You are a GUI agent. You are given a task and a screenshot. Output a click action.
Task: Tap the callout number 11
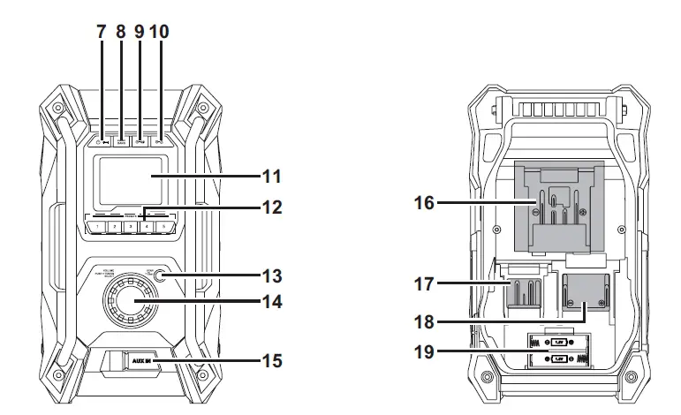[272, 176]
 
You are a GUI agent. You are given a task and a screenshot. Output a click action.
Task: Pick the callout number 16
[425, 203]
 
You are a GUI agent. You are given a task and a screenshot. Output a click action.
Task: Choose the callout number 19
[425, 351]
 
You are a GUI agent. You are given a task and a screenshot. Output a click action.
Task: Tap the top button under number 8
[121, 140]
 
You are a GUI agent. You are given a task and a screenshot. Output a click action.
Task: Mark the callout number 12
[272, 208]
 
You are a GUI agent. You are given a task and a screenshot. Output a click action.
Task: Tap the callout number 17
[425, 285]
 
